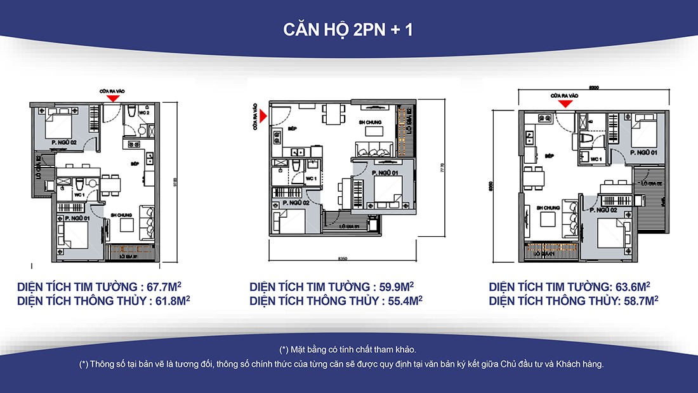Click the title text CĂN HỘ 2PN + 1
[x=348, y=29]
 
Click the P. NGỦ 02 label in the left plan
[x=64, y=143]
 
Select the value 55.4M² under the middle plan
[x=402, y=300]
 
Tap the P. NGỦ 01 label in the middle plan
[x=385, y=173]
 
